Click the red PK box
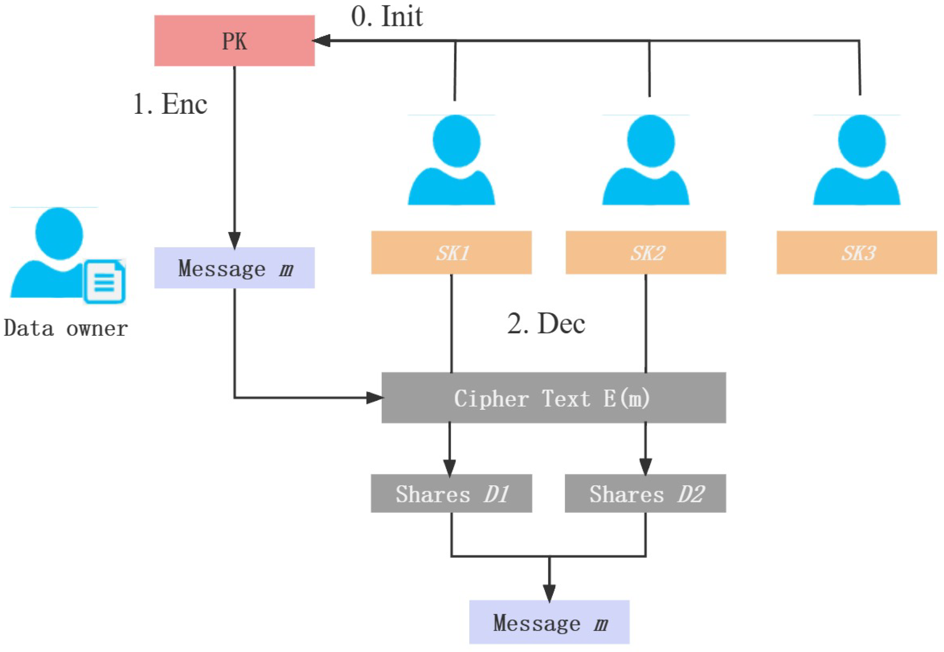coord(234,41)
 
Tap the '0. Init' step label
coord(387,17)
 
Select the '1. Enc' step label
coord(170,104)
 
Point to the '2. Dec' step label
coord(546,324)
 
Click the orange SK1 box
coord(451,252)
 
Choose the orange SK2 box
coord(646,252)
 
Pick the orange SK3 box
coord(856,252)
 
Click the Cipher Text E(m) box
coord(553,397)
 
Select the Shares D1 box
coord(451,493)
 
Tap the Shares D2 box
coord(645,493)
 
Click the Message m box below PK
coord(234,268)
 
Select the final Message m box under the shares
coord(549,622)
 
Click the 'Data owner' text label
coord(65,328)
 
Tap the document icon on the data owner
coord(105,282)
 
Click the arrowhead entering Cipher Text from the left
coord(374,397)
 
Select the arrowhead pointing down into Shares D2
coord(645,466)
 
